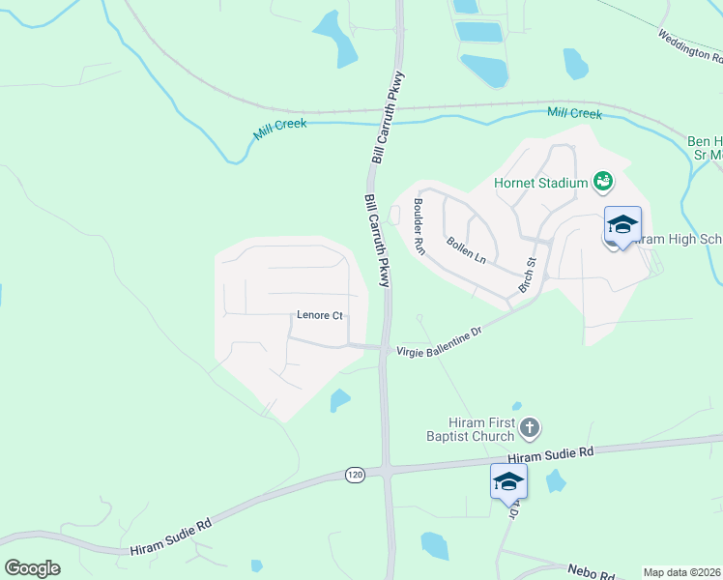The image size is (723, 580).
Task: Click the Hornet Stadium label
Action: (540, 183)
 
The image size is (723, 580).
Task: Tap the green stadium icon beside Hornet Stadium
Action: (603, 181)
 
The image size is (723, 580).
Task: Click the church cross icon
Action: (529, 426)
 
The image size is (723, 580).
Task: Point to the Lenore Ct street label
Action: (319, 315)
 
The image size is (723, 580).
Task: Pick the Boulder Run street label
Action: (419, 226)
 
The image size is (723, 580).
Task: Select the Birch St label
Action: (527, 275)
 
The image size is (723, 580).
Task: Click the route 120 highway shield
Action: (356, 475)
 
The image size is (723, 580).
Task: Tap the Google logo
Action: (32, 567)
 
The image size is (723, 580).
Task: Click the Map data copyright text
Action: (681, 572)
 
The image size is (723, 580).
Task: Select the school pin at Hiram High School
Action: (622, 227)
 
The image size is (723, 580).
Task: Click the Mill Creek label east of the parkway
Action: (574, 114)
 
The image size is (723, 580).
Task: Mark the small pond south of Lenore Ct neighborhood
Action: (339, 399)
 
